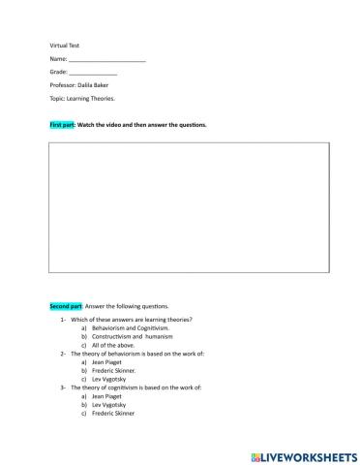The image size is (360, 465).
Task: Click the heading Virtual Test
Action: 64,46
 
